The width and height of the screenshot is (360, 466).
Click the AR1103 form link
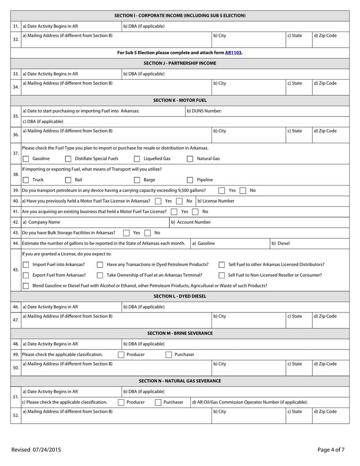(x=233, y=52)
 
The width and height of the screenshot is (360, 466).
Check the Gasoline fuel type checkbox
(x=26, y=158)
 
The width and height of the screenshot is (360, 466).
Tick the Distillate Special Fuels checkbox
(x=68, y=158)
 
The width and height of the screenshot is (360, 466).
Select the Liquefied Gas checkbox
(x=137, y=158)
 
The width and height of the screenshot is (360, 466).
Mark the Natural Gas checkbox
(x=190, y=158)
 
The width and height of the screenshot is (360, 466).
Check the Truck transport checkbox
(x=26, y=180)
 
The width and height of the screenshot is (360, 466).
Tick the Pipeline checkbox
(x=190, y=180)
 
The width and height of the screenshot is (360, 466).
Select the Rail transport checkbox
(x=68, y=180)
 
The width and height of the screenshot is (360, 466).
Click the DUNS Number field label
(x=204, y=111)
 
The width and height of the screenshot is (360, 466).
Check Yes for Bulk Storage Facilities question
(x=126, y=233)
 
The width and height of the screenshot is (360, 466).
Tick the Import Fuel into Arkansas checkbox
(x=26, y=264)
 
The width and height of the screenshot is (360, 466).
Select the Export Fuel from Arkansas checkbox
(x=26, y=275)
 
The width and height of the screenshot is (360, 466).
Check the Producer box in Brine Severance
(x=120, y=354)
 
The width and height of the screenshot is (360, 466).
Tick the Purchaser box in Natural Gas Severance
(x=158, y=402)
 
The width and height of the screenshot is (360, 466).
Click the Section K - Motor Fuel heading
(x=180, y=100)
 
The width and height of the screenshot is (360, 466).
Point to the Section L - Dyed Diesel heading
(x=180, y=296)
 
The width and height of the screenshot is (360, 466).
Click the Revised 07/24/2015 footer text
(x=36, y=449)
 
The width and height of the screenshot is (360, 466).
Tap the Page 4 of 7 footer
(x=331, y=449)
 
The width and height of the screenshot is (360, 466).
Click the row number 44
(x=15, y=243)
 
